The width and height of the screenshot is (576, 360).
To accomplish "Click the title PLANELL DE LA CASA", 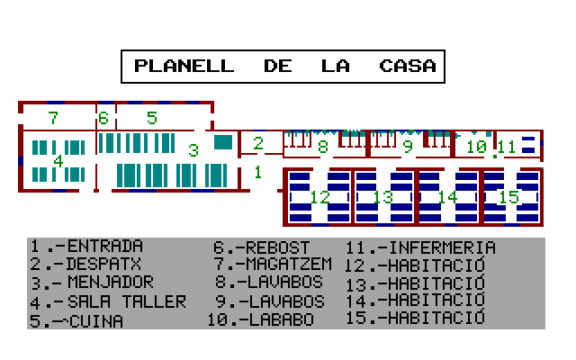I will point(283,66).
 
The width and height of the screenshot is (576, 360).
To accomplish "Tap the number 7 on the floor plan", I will point(53,118).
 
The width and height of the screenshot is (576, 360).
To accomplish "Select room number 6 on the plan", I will point(103,118).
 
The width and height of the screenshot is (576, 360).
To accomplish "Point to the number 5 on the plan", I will point(151,118).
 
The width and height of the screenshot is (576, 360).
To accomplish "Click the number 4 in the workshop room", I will point(58,161).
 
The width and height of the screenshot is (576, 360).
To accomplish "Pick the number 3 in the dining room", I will point(193,150).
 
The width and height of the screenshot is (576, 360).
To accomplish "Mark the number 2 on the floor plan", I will point(258,143).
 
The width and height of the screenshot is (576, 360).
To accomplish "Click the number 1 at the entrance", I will point(257,171).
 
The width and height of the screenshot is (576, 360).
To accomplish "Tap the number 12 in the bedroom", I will point(320,197).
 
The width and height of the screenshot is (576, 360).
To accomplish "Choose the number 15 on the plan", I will point(509,197).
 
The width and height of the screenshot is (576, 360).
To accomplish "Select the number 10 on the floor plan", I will point(476,146).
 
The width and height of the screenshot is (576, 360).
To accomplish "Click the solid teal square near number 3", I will point(222,141).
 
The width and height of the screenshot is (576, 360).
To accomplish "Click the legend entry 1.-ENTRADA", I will point(86,247).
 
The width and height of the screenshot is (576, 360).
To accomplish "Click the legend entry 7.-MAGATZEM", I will point(273,265).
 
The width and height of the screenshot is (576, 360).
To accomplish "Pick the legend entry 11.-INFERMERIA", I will point(420,247).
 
